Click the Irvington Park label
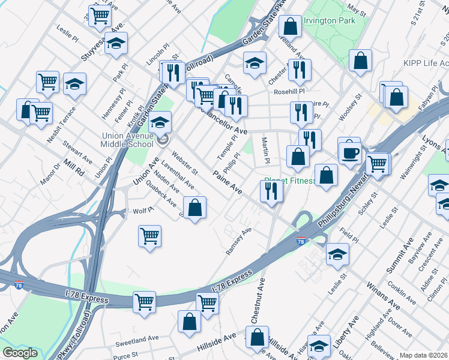(x=330, y=21)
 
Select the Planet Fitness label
(x=289, y=180)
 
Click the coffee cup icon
(x=349, y=152)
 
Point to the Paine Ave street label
(x=228, y=182)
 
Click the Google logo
(x=20, y=353)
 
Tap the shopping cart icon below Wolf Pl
(x=149, y=235)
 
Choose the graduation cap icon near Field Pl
(x=337, y=254)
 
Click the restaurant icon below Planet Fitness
(x=271, y=191)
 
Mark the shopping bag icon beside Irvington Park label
(x=291, y=26)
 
